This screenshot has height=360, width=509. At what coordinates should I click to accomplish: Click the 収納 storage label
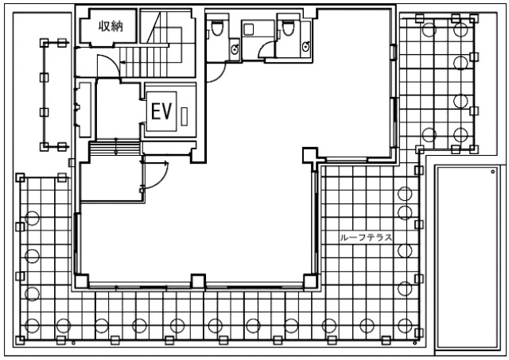coord(111,26)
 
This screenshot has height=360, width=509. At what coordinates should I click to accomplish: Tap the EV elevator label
coord(161,111)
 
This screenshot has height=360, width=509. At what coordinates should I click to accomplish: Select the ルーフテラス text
coord(366,238)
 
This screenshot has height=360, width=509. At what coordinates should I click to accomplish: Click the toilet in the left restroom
coord(217,28)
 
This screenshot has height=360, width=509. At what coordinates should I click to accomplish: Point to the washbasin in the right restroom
coord(305,47)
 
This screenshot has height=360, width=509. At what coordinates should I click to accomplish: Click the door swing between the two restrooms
coord(266,50)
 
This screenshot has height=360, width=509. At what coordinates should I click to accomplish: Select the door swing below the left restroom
coord(216,72)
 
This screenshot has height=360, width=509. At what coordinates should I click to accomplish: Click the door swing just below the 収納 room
coord(108,66)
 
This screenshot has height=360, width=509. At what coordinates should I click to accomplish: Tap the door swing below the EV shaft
coord(155,175)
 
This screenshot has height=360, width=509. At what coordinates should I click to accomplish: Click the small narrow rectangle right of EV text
coord(184,116)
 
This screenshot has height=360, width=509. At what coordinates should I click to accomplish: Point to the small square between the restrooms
coord(249,30)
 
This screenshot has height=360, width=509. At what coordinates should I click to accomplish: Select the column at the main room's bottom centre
coord(198,281)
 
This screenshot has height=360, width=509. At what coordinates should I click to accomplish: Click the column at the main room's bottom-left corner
coord(81,281)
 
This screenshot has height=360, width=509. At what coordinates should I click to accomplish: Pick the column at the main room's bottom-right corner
coord(310,281)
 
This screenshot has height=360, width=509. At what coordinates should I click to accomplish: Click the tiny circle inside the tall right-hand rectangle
coord(493,172)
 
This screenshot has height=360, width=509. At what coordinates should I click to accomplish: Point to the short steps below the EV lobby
coord(115,148)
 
